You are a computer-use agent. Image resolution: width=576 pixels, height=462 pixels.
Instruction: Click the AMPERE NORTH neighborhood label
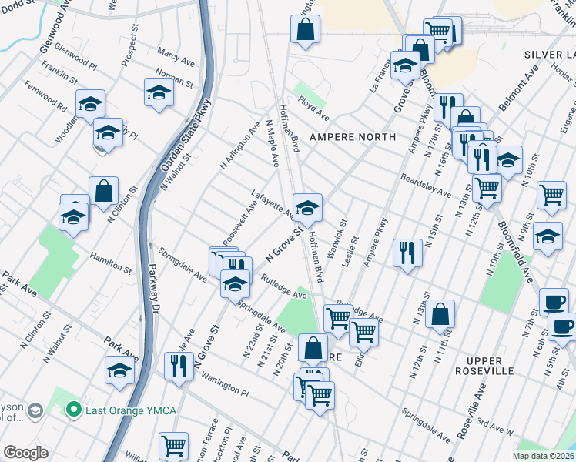click(x=352, y=137)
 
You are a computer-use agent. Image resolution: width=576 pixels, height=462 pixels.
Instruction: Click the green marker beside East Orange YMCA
click(x=75, y=409)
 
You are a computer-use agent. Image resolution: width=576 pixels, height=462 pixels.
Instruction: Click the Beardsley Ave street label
click(x=425, y=185)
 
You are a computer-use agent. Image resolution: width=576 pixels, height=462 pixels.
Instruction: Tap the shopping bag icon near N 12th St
click(x=439, y=314)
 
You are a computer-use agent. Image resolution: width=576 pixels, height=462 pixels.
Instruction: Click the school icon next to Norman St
click(x=159, y=92)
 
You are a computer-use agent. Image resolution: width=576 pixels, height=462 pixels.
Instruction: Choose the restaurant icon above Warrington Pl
click(x=178, y=367)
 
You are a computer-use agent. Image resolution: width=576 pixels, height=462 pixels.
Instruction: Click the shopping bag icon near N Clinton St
click(x=103, y=192)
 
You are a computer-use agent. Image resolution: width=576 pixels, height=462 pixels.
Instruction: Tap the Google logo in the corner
click(x=25, y=453)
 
